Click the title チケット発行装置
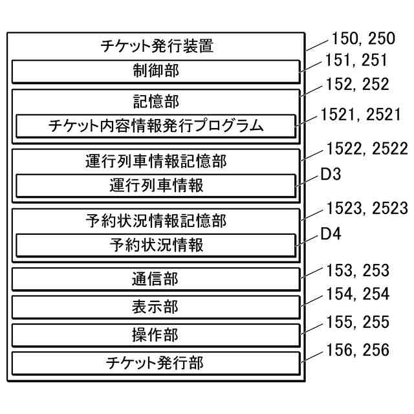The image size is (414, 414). [157, 47]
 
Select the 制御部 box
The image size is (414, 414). [156, 71]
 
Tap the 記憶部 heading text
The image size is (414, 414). [156, 101]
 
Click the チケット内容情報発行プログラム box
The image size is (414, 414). [156, 125]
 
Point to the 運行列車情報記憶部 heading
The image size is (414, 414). [156, 160]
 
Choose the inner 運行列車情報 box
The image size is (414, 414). [156, 186]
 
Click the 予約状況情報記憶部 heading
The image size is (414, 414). [156, 221]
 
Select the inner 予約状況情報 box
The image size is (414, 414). [156, 245]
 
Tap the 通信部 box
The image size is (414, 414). [156, 279]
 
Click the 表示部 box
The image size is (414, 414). [156, 307]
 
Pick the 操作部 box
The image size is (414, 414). [156, 335]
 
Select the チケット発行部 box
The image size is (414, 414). [156, 363]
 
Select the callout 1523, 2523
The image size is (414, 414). [367, 208]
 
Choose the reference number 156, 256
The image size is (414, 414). [358, 351]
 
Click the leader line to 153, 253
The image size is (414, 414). [312, 274]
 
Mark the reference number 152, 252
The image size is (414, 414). [358, 85]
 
